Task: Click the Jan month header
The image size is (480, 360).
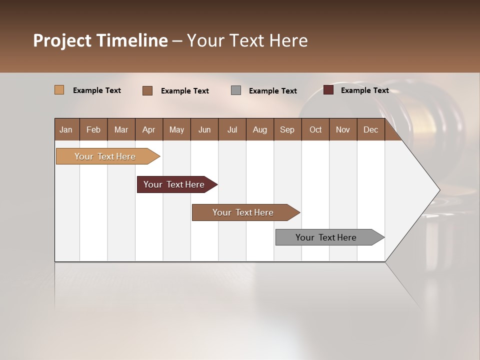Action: (66, 129)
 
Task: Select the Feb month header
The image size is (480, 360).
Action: (93, 129)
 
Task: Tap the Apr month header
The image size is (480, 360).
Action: (148, 129)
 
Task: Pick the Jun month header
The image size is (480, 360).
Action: (204, 129)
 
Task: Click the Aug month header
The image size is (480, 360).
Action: (259, 129)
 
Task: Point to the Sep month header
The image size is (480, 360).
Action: (287, 129)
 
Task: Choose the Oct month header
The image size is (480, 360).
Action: (315, 129)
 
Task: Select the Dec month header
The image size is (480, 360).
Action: (370, 129)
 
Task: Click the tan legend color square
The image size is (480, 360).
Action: (59, 90)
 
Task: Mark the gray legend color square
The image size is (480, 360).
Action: (236, 90)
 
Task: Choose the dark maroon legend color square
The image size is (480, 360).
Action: (328, 90)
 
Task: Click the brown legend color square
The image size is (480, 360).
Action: (147, 90)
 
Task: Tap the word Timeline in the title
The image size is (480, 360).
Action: (132, 40)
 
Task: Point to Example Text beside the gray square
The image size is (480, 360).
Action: (272, 91)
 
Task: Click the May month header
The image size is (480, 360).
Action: (176, 129)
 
